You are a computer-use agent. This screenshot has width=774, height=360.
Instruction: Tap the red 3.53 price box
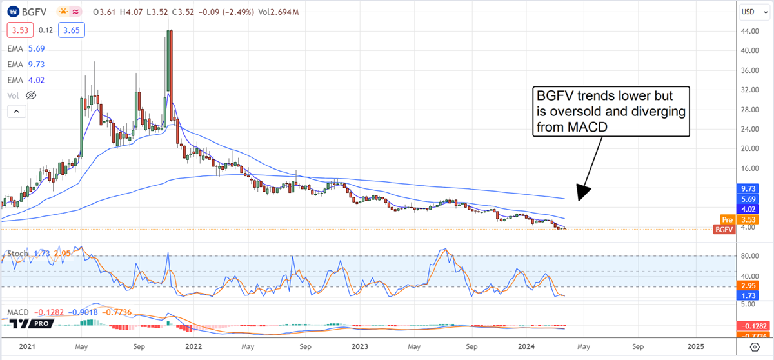tap(17, 30)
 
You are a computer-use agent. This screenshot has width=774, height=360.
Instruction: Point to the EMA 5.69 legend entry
tap(26, 48)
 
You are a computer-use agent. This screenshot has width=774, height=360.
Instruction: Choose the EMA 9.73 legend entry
tap(26, 64)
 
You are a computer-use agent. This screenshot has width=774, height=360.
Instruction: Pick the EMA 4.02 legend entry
tap(26, 80)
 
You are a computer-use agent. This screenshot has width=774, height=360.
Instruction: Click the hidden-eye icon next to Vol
tap(30, 95)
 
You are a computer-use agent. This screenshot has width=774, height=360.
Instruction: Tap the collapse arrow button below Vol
tap(17, 112)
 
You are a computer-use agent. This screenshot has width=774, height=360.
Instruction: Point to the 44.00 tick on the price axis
tap(748, 31)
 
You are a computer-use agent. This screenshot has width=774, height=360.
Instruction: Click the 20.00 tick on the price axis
tap(748, 148)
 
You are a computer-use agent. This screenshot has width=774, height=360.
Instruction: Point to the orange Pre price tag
tap(726, 219)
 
